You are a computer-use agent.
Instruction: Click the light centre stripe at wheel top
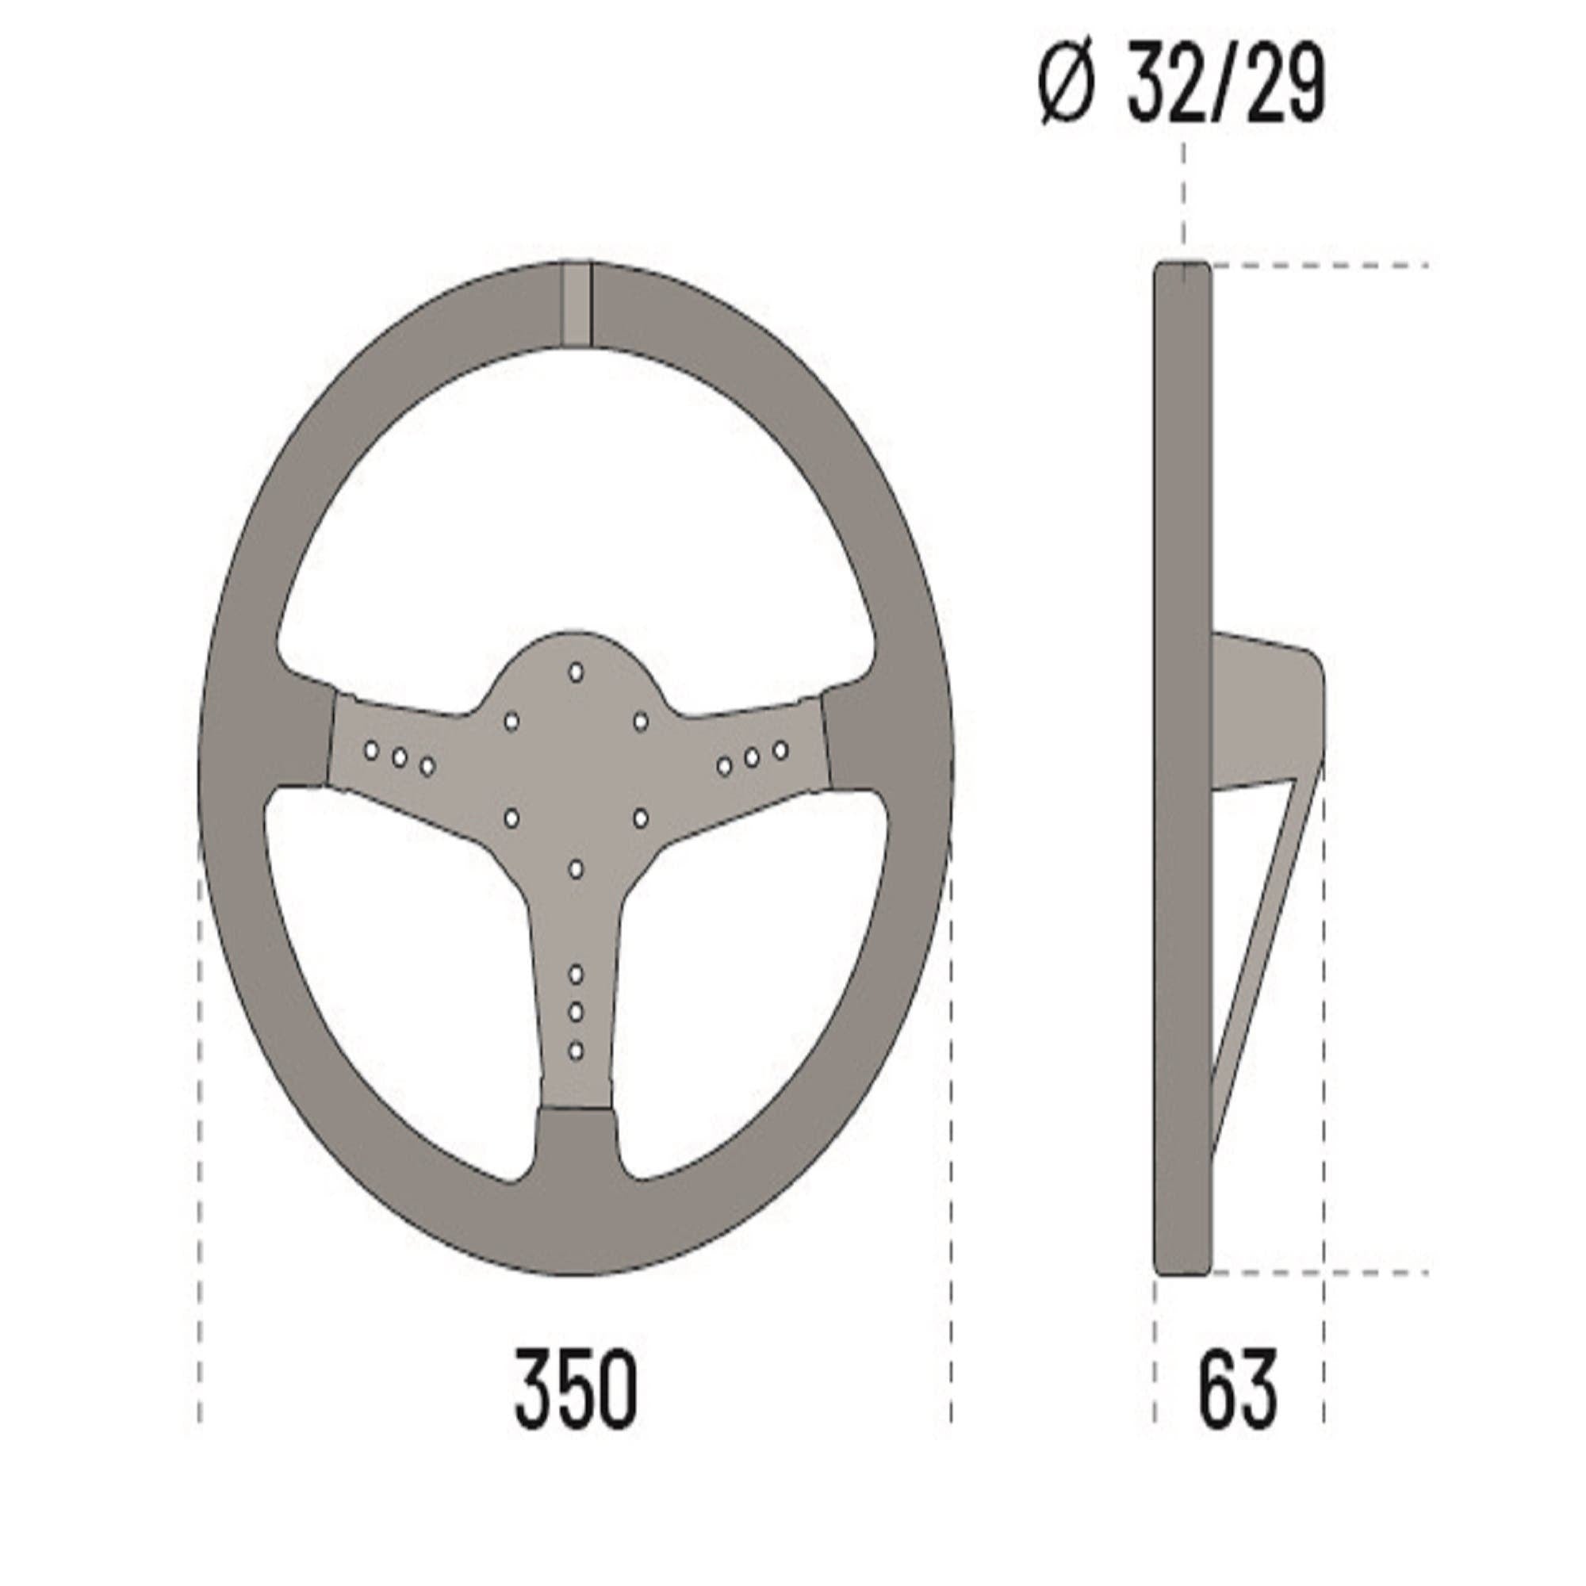click(577, 304)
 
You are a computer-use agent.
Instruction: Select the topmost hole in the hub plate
click(577, 672)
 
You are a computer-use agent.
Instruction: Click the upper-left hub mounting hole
click(511, 722)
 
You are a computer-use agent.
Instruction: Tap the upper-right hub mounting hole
click(641, 722)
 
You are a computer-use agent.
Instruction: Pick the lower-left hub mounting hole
click(511, 818)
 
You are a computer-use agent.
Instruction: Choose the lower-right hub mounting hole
click(641, 818)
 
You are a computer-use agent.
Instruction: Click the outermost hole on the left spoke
click(371, 750)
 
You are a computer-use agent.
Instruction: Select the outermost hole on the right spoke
click(780, 750)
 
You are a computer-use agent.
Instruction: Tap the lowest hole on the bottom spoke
click(577, 1051)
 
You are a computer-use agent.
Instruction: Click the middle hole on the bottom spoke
click(577, 1012)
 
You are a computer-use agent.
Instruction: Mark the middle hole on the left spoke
click(400, 757)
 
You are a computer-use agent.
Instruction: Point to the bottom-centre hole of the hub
click(577, 868)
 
